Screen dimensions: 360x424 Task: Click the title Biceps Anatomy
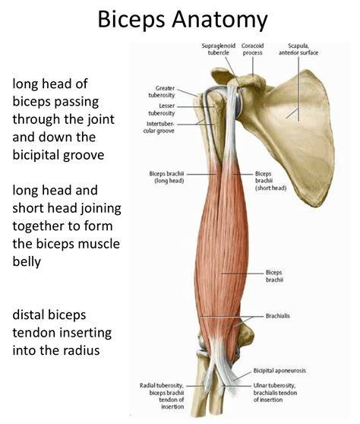[182, 20]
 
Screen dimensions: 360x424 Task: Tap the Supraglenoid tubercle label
[219, 49]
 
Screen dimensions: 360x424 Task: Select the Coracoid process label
[252, 49]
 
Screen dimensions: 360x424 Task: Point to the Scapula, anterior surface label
[298, 49]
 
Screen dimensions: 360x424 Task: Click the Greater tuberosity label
[162, 92]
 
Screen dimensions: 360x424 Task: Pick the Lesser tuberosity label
[162, 109]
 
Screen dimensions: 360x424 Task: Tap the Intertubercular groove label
[159, 128]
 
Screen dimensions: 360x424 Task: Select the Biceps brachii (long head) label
[167, 177]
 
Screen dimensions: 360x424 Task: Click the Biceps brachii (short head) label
[270, 181]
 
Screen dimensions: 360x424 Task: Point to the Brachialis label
[277, 316]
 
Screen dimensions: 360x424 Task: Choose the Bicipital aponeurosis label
[279, 371]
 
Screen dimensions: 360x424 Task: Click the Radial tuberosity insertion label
[162, 396]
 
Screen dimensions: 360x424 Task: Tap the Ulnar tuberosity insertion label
[275, 392]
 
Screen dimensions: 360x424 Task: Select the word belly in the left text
[27, 261]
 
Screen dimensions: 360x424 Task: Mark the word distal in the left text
[28, 315]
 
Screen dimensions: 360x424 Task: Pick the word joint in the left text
[102, 119]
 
